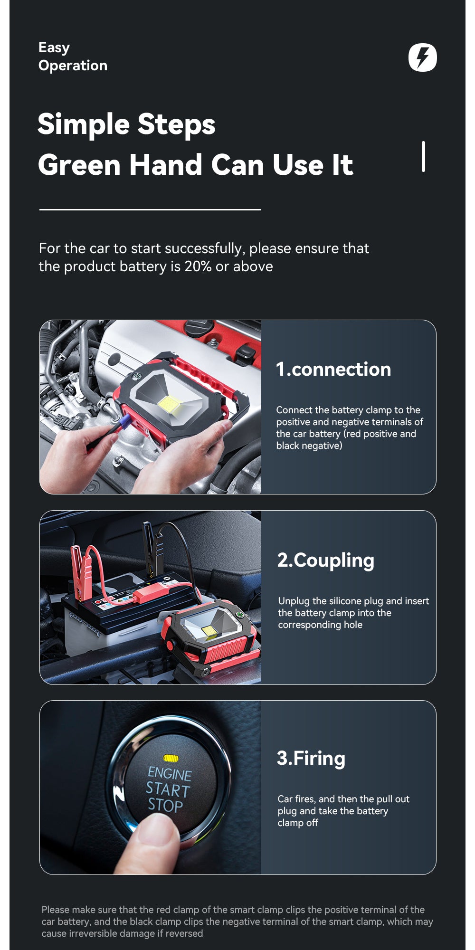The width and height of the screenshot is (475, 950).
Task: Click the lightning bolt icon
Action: point(422,57)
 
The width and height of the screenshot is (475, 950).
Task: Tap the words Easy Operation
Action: point(73,57)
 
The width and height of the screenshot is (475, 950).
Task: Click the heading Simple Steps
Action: point(126,124)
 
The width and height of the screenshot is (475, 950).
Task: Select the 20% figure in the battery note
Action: point(198,266)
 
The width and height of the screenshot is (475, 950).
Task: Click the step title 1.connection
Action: point(333,369)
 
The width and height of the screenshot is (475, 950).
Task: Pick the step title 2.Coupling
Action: point(326,560)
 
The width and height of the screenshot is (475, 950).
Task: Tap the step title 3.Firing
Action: point(311,759)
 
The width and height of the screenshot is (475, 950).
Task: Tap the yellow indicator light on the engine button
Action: point(171,759)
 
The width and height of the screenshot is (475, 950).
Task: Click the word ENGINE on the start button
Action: point(170,774)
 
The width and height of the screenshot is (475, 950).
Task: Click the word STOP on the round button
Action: point(165,805)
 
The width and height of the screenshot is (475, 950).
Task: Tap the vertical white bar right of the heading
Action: point(423,156)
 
